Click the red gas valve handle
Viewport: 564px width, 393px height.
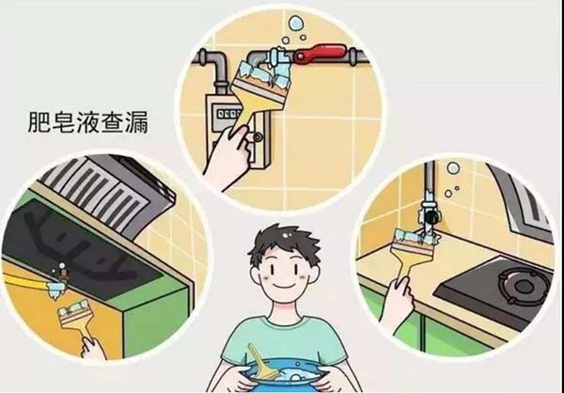tap(320, 53)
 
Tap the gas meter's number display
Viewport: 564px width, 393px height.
tap(226, 114)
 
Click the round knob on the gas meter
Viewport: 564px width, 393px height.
tap(258, 137)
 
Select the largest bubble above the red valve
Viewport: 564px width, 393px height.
tap(296, 23)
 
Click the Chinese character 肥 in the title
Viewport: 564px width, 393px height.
tap(39, 122)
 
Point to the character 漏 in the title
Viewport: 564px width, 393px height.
tap(136, 122)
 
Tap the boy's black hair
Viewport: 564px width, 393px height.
tap(284, 244)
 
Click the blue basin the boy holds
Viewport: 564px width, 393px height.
tap(284, 378)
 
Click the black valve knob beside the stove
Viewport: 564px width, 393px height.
tap(432, 216)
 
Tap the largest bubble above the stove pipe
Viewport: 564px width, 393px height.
tap(453, 167)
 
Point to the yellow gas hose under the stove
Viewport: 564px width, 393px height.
tap(26, 283)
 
